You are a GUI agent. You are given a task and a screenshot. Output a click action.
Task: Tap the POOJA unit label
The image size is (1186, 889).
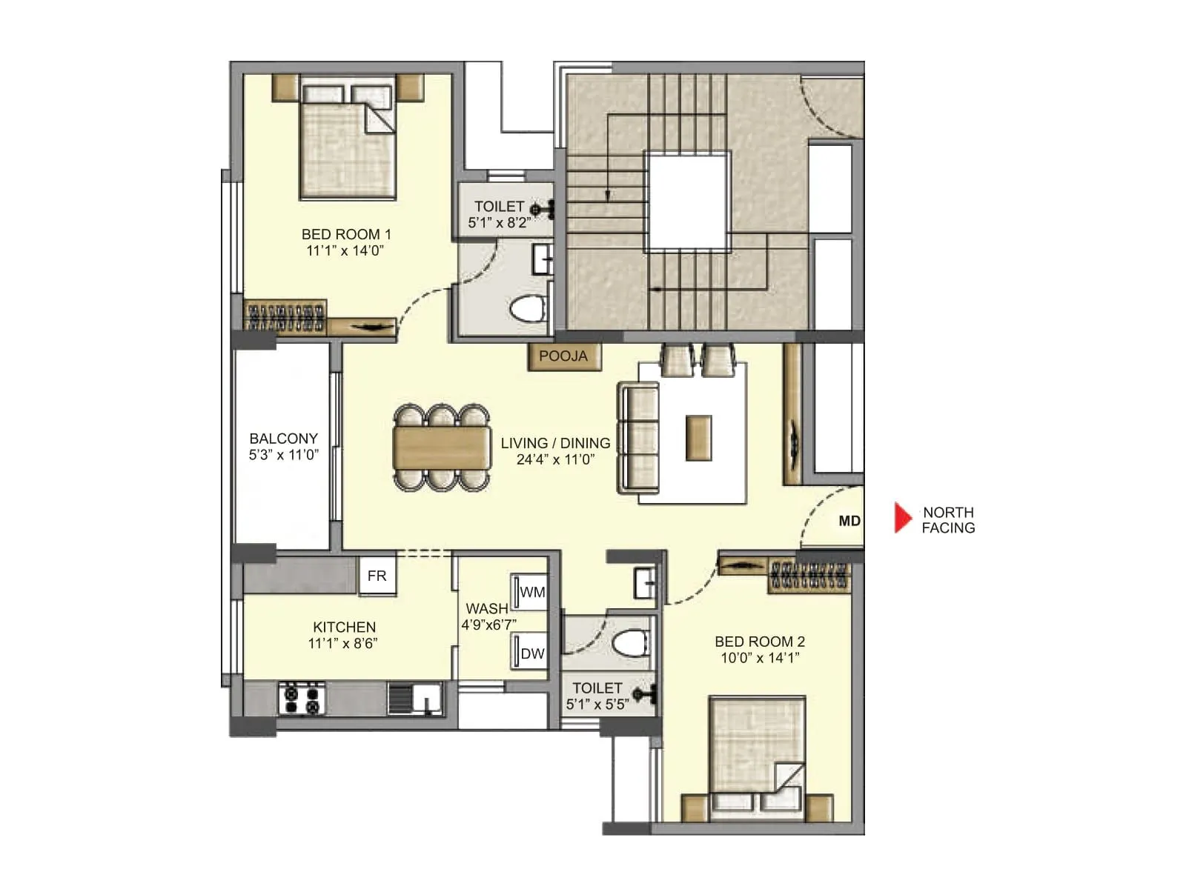[563, 356]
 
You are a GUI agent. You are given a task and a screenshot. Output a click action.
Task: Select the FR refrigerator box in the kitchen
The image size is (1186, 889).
[377, 576]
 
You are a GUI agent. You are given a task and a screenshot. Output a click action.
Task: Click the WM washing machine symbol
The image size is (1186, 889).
[531, 592]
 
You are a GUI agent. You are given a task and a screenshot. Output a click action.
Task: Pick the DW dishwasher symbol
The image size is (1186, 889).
[531, 653]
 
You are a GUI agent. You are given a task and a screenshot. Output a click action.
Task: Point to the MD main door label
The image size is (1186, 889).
[849, 521]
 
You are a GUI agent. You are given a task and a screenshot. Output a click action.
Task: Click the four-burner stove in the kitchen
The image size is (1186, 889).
[302, 699]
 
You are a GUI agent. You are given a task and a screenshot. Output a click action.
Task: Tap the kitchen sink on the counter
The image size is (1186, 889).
[415, 698]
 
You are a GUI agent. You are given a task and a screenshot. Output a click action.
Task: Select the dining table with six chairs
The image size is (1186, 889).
[442, 447]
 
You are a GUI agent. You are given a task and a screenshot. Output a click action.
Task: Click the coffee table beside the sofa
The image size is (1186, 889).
[698, 438]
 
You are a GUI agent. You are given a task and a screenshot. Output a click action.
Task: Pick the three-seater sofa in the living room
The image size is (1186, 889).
[638, 438]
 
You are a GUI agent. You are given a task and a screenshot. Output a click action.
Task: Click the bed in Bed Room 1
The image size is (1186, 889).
[347, 141]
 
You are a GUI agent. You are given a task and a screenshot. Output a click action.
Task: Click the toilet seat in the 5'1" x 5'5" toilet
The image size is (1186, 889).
[632, 643]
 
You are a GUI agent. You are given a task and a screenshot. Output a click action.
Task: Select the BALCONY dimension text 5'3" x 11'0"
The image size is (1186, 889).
[283, 455]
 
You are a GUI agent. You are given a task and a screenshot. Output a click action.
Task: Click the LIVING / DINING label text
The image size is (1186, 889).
[555, 443]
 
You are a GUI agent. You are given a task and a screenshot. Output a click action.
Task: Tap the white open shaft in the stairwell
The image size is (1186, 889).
[686, 201]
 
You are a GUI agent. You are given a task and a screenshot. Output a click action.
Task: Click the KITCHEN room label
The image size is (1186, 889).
[344, 627]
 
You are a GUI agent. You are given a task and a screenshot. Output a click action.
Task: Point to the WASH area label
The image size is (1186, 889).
[486, 608]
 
